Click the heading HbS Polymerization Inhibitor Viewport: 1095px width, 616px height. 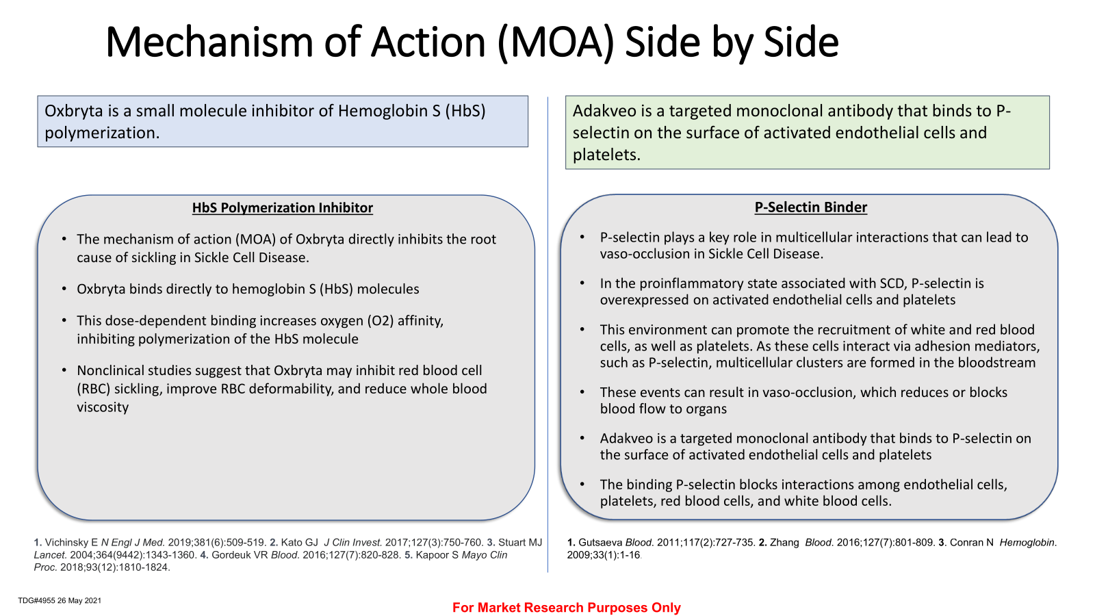[x=282, y=208]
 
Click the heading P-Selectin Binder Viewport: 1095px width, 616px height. [x=810, y=207]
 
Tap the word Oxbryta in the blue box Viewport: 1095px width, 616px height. [x=74, y=111]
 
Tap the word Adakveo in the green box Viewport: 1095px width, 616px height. [x=604, y=111]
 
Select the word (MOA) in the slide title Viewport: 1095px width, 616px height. [x=555, y=42]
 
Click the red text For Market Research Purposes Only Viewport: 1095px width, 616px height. [x=567, y=607]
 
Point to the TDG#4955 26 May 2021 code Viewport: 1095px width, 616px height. [x=60, y=600]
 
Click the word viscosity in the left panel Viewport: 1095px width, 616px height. [x=103, y=407]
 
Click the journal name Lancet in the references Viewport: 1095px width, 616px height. [x=49, y=555]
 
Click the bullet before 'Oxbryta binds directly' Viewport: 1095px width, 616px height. [x=64, y=289]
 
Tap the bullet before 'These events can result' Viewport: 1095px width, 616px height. [x=582, y=393]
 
